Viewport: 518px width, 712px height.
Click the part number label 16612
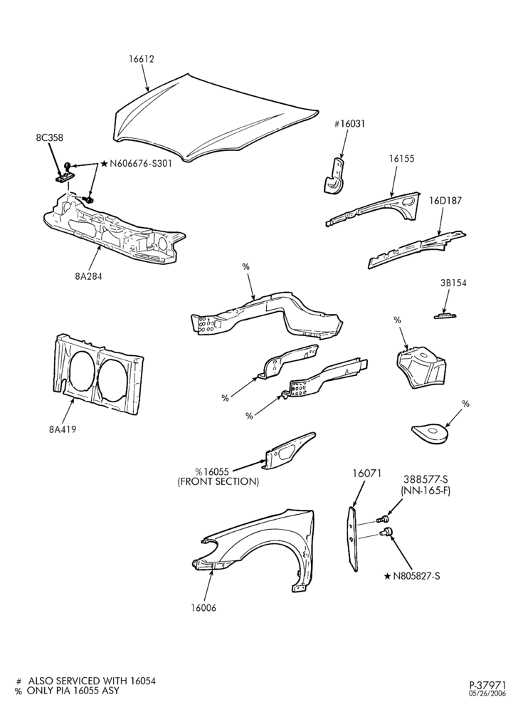click(141, 59)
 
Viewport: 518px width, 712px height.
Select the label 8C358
click(49, 137)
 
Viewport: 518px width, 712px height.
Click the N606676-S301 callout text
click(140, 164)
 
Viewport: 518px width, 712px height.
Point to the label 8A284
click(88, 276)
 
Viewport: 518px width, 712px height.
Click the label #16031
click(349, 124)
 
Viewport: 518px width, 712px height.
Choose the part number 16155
click(401, 159)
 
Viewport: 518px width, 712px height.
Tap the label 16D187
click(446, 201)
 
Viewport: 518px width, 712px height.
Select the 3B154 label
click(453, 283)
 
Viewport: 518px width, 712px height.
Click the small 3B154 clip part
click(445, 316)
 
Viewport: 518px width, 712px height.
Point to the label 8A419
click(63, 429)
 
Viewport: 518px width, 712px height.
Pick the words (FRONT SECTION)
click(218, 482)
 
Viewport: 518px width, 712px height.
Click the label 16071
click(367, 473)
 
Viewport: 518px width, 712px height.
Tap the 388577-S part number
click(425, 479)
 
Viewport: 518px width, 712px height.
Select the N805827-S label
click(416, 576)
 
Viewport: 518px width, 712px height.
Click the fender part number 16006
click(203, 608)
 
